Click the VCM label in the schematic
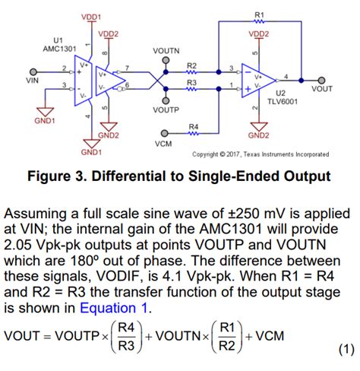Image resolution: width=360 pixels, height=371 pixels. (162, 143)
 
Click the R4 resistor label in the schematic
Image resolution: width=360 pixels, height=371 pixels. (193, 125)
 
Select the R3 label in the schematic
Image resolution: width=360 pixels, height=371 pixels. (191, 81)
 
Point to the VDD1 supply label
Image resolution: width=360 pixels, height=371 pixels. (91, 16)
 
